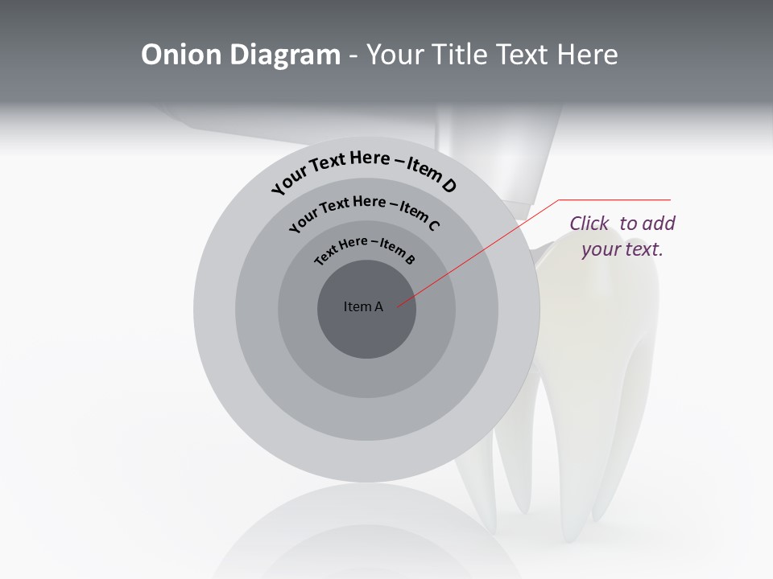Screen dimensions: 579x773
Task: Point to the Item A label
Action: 363,306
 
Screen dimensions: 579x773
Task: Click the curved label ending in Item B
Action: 365,250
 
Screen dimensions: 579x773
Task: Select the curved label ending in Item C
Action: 364,212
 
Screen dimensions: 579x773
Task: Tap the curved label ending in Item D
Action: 363,171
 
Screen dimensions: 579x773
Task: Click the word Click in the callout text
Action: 590,224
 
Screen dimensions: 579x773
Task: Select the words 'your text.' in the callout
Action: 622,249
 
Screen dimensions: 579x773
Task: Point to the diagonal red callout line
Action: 483,249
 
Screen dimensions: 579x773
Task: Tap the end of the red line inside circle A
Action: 398,305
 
